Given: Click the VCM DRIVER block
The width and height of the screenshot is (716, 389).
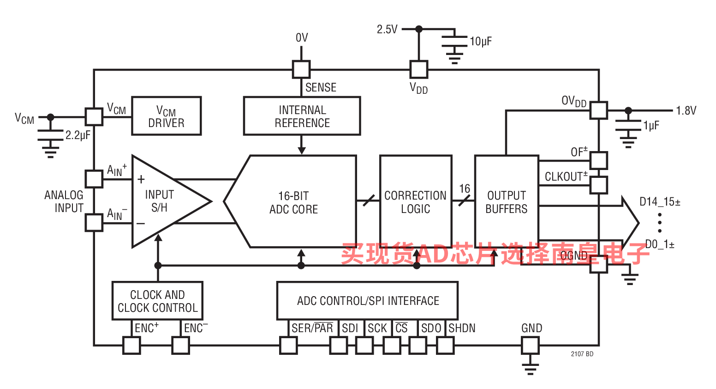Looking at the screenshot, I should click(166, 116).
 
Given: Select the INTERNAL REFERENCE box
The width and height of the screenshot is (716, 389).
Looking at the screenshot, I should click(302, 116).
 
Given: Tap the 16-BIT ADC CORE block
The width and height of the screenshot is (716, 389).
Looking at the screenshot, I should click(294, 202).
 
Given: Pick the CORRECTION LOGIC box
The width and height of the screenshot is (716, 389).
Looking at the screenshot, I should click(415, 202).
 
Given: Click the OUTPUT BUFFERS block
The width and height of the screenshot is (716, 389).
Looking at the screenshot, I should click(507, 202).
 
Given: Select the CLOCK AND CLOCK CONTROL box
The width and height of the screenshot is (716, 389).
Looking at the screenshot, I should click(157, 301).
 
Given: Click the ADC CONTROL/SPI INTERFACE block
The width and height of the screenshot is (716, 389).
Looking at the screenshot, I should click(367, 301).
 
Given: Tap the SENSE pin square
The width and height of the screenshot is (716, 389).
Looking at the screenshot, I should click(301, 69).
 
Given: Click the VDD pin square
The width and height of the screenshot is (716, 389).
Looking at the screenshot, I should click(419, 69).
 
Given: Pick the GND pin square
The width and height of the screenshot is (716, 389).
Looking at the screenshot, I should click(530, 345).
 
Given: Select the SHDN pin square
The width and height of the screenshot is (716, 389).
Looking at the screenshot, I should click(445, 345).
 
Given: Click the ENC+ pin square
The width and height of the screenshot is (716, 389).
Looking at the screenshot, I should click(131, 345).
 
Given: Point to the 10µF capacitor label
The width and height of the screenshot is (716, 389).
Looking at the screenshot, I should click(481, 42).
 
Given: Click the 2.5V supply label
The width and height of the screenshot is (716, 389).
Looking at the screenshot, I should click(387, 30).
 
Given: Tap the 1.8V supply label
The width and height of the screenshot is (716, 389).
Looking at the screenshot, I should click(686, 110).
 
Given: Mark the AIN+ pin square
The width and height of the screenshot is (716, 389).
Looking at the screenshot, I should click(94, 179).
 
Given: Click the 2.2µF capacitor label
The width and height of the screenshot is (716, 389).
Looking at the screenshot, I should click(78, 135).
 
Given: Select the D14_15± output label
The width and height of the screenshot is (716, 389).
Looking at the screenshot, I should click(660, 202).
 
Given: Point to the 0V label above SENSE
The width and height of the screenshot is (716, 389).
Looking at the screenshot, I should click(302, 37).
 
